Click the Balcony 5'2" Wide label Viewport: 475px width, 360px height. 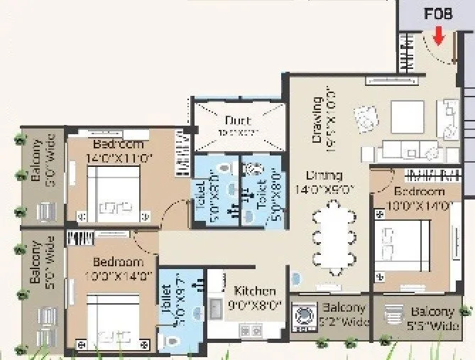pos(343,315)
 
